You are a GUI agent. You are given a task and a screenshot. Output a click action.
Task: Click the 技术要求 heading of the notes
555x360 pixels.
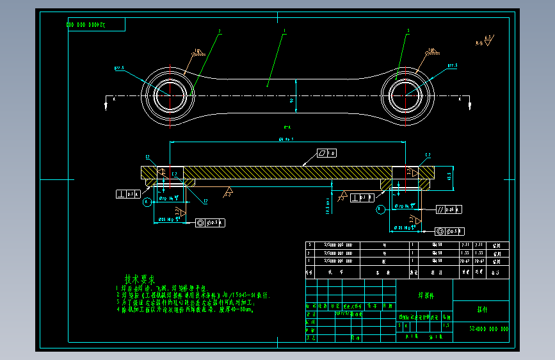(x=140, y=279)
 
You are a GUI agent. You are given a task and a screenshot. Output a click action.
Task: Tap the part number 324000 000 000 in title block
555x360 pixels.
(x=488, y=329)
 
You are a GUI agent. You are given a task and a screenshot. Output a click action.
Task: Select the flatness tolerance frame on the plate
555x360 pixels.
(x=326, y=153)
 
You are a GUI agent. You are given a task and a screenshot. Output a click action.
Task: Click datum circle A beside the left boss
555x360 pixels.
(x=147, y=202)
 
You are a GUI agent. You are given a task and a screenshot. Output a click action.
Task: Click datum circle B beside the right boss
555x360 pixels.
(x=380, y=208)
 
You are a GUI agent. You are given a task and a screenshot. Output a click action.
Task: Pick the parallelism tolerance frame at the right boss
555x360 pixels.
(x=449, y=209)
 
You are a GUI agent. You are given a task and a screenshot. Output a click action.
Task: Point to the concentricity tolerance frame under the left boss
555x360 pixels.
(x=211, y=222)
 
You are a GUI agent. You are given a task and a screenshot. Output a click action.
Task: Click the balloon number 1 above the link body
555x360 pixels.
(x=284, y=30)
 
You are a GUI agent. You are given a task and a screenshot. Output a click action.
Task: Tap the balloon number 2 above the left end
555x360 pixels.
(x=219, y=30)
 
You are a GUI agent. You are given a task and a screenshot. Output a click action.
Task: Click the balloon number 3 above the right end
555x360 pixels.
(x=408, y=30)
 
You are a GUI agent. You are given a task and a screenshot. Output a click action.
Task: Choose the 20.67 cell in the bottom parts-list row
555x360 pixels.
(x=463, y=261)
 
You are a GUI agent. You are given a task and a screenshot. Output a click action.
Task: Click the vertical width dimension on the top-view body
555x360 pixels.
(x=293, y=101)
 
